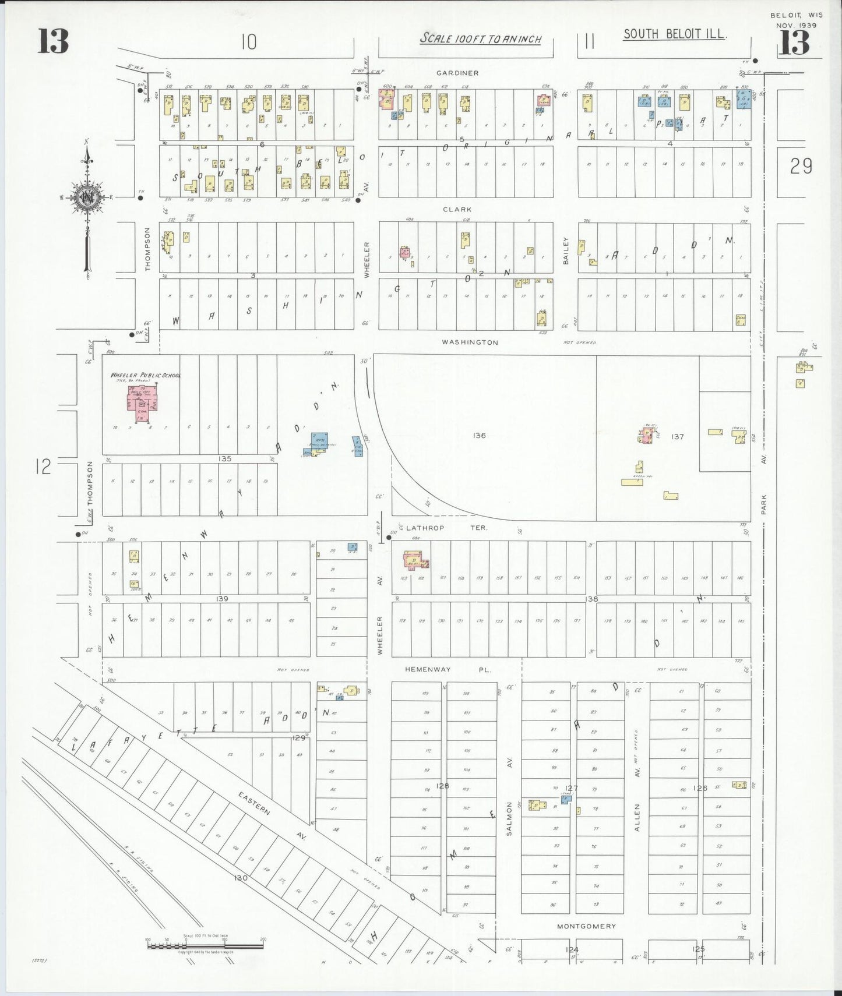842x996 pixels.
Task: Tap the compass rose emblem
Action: click(87, 197)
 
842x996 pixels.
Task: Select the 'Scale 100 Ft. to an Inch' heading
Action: click(481, 39)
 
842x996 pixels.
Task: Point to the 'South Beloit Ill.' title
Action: click(674, 34)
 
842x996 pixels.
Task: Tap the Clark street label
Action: click(457, 209)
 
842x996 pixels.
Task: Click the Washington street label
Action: click(470, 342)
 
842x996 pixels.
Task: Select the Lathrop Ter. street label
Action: click(447, 528)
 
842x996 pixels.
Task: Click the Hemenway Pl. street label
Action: click(448, 670)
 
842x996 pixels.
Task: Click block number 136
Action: click(480, 435)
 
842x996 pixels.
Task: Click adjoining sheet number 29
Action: click(801, 167)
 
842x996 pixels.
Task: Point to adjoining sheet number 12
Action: click(43, 467)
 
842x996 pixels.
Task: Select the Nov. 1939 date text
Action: click(796, 26)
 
